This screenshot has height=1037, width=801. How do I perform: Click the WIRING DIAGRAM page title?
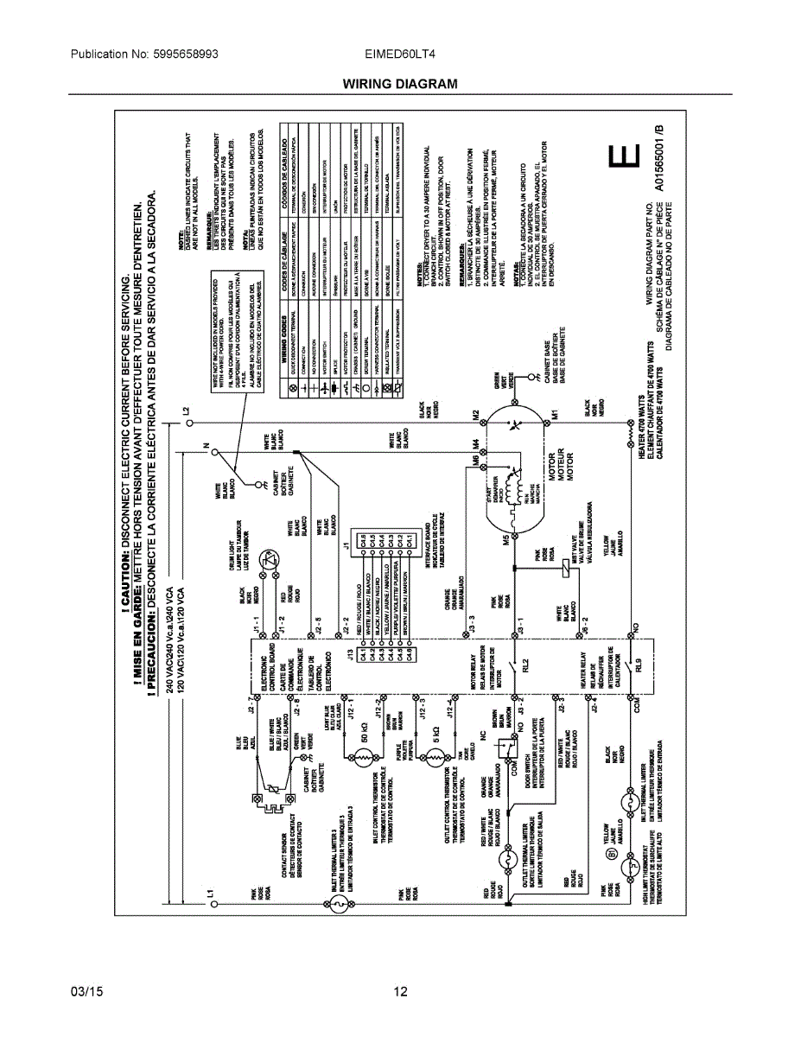click(399, 84)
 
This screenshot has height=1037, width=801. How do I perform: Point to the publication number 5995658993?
click(144, 54)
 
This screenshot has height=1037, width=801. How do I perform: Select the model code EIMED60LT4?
click(401, 54)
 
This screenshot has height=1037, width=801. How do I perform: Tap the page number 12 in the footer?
click(400, 991)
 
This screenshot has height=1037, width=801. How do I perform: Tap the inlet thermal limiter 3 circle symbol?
click(340, 904)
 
